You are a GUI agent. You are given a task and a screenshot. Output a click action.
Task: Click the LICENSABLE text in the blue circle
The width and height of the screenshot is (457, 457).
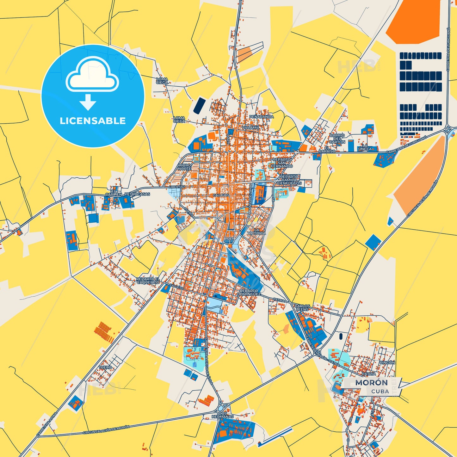(x=93, y=121)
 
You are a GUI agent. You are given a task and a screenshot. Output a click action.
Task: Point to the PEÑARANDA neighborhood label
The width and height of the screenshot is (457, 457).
(x=261, y=117)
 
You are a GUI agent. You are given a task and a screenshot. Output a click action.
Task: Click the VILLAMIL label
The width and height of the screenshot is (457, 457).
(x=250, y=127)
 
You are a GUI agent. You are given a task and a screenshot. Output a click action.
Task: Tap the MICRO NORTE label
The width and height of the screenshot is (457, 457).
(x=184, y=167)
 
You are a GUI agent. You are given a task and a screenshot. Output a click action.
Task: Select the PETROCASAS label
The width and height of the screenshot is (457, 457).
(x=137, y=194)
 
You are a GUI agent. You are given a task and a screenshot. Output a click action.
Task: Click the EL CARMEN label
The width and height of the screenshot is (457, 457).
(x=114, y=193)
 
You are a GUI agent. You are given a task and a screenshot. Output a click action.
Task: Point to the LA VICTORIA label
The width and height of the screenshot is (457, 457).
(x=256, y=231)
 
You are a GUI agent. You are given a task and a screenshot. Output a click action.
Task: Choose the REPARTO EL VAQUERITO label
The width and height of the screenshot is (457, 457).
(x=148, y=281)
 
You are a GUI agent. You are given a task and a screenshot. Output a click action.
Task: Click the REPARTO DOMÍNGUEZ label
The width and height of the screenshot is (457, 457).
(x=249, y=292)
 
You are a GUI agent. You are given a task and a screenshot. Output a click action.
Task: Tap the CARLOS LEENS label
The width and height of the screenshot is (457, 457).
(x=302, y=308)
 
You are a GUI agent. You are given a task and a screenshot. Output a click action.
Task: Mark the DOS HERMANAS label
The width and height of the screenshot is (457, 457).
(x=223, y=415)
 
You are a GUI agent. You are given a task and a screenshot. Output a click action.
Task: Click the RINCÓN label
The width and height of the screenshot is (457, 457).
(x=387, y=363)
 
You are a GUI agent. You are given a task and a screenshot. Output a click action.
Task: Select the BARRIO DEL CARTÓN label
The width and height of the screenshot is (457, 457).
(x=337, y=139)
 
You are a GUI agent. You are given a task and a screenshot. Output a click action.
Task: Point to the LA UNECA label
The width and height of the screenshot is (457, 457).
(x=365, y=147)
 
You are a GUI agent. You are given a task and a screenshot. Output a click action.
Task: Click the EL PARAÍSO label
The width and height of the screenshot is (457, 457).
(x=327, y=150)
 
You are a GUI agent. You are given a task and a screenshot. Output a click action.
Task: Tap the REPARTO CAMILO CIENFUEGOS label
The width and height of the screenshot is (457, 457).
(x=289, y=180)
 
